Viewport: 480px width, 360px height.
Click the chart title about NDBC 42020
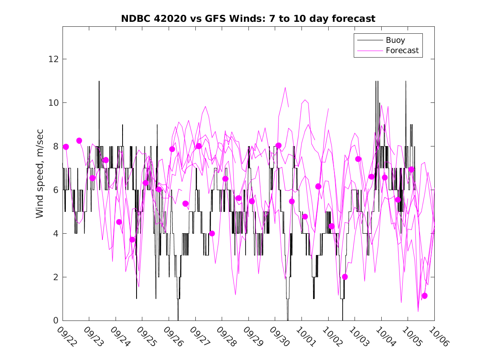click(x=248, y=19)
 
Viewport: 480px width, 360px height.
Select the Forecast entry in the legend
click(x=402, y=51)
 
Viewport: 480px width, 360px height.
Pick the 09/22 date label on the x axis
click(x=66, y=336)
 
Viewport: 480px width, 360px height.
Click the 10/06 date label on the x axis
click(x=438, y=336)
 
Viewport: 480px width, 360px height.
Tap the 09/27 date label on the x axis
click(x=199, y=336)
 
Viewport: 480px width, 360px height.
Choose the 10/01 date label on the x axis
click(x=305, y=336)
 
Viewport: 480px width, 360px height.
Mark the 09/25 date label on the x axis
click(x=146, y=336)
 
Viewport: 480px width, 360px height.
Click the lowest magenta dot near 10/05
click(x=424, y=296)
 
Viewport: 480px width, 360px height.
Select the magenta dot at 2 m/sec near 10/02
click(x=345, y=277)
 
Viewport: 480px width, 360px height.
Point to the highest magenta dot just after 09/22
click(x=79, y=141)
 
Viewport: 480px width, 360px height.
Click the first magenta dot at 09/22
click(x=66, y=147)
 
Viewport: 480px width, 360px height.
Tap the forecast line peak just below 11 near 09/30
click(x=285, y=88)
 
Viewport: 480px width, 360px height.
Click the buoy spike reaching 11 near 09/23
click(x=99, y=81)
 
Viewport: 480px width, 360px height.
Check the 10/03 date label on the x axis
click(x=358, y=336)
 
